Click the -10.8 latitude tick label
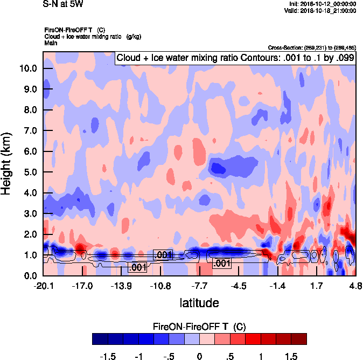[x=160, y=285]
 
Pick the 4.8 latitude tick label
[x=355, y=285]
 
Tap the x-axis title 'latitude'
[x=199, y=303]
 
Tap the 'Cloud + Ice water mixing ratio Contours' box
[x=235, y=58]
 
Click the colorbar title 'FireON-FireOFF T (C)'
[x=199, y=327]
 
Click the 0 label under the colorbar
[x=199, y=356]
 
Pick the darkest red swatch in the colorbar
[x=299, y=338]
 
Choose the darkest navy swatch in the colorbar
[x=100, y=338]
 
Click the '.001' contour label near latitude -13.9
[x=137, y=267]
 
